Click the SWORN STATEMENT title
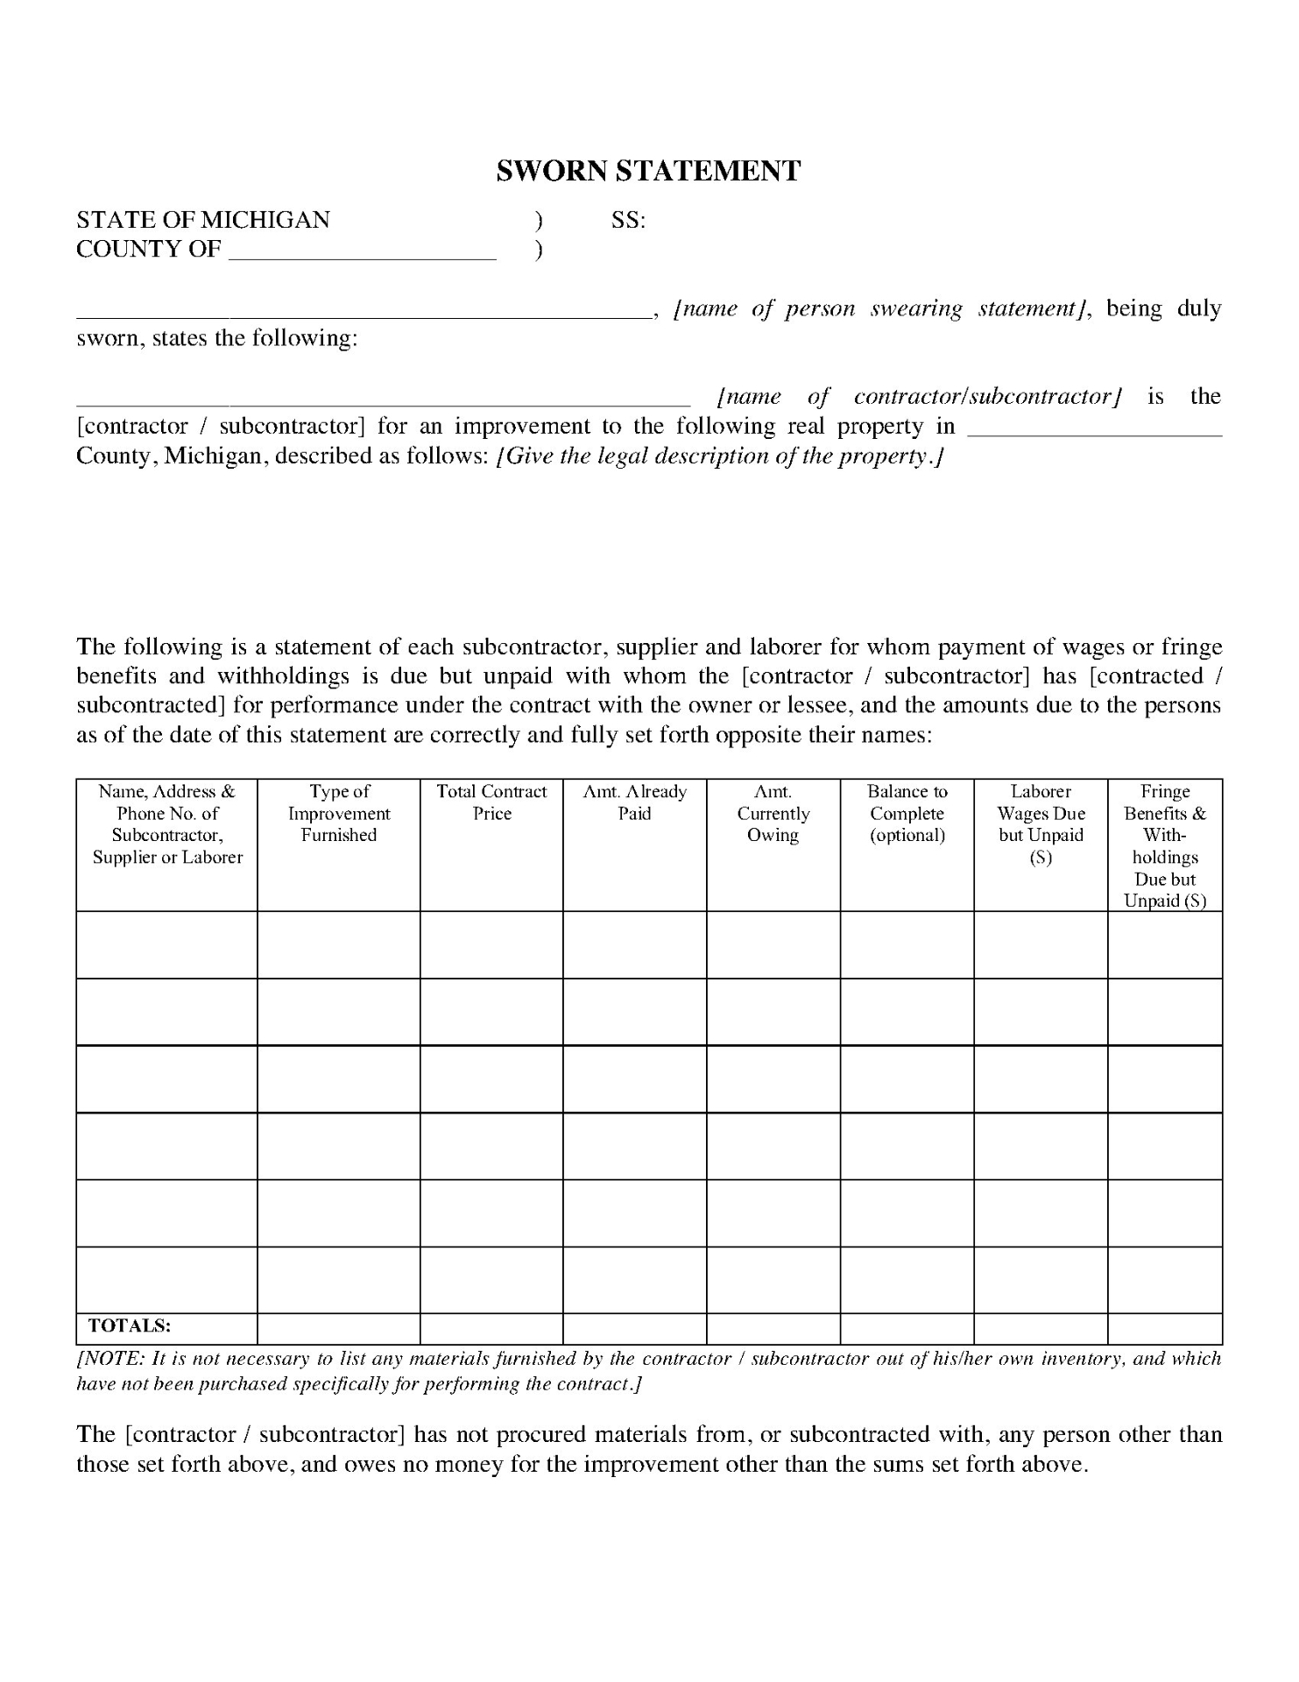(648, 171)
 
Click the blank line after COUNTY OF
(363, 254)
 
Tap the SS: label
(628, 220)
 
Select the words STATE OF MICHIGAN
(203, 220)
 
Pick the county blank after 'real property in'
(1094, 429)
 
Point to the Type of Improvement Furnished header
(339, 813)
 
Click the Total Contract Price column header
(491, 802)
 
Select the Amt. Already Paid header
(635, 802)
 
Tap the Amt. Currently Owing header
(773, 813)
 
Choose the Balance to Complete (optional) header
(907, 813)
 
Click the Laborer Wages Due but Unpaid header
(1041, 823)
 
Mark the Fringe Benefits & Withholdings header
(1165, 845)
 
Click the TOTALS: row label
(130, 1325)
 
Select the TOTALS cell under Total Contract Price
(491, 1328)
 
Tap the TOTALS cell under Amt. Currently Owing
(773, 1328)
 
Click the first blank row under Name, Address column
(166, 944)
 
